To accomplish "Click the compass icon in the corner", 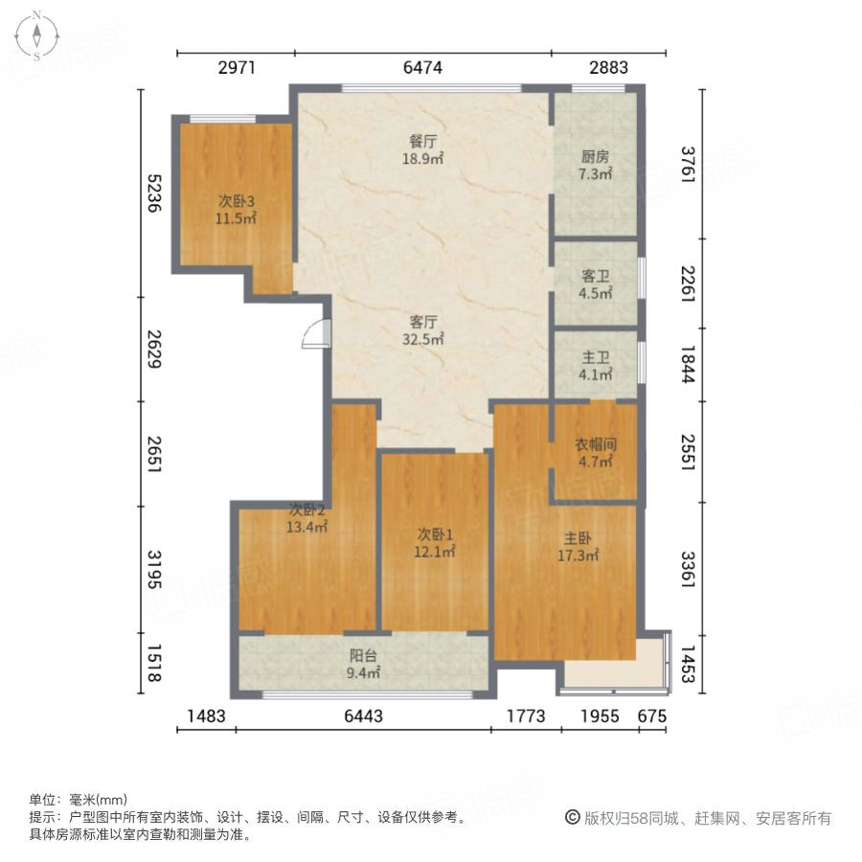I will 35,35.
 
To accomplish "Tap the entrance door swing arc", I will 315,334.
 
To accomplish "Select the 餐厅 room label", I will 422,149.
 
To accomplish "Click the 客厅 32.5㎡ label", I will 422,330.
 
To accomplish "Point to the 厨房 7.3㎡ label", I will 596,167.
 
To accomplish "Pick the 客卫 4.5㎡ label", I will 596,284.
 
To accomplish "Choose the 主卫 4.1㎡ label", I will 596,367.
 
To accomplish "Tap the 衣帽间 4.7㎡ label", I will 595,453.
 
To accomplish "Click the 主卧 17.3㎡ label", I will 578,546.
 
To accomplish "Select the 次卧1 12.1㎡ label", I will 435,543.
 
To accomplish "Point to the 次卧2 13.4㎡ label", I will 308,518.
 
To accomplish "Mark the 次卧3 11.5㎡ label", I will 236,210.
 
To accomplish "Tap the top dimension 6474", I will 423,68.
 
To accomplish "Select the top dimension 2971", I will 238,68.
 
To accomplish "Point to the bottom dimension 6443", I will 363,715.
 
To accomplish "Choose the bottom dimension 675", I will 651,715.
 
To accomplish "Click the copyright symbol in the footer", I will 572,819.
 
